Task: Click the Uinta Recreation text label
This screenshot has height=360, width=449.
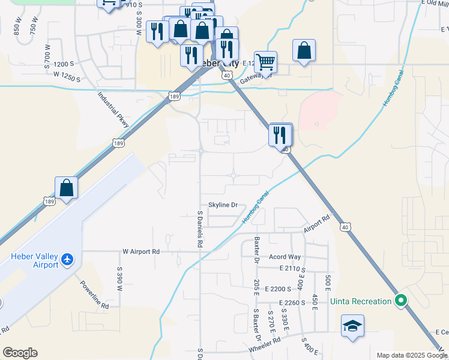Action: tap(361, 301)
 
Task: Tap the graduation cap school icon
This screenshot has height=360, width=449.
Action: tap(352, 326)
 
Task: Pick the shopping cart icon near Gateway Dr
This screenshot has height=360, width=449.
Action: tap(265, 61)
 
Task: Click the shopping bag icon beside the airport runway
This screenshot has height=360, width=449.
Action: tap(66, 188)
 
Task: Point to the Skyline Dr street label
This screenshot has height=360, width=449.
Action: tap(223, 205)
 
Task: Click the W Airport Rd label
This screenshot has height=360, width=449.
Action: tap(142, 251)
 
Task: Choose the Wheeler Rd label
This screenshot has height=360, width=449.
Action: tap(264, 341)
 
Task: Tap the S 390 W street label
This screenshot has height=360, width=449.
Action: tap(119, 280)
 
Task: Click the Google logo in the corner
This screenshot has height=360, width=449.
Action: tap(20, 353)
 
